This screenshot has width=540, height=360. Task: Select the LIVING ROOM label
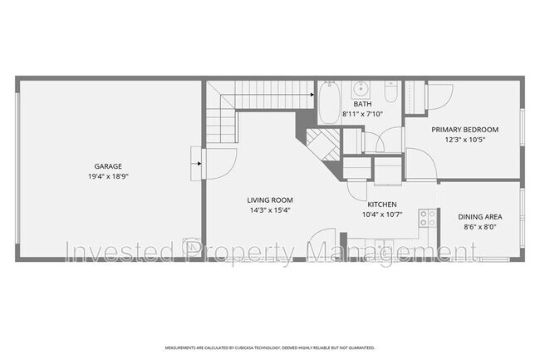point(270,200)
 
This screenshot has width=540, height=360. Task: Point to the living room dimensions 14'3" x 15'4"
point(270,210)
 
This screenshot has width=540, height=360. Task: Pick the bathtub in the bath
point(327,103)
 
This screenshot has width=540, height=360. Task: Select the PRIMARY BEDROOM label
point(464,130)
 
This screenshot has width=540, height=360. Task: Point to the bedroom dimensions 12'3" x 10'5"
point(464,140)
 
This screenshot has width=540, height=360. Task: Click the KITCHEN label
point(382,205)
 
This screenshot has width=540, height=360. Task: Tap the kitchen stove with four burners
point(428,218)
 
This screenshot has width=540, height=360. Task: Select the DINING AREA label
point(480,217)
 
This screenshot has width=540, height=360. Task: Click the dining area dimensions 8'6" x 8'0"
point(480,227)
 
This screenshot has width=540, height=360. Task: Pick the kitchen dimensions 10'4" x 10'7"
point(382,215)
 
